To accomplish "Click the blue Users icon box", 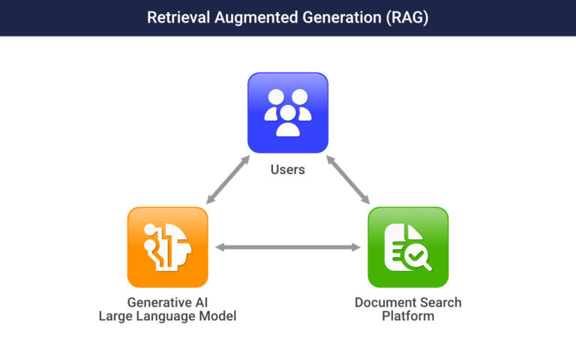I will (288, 112).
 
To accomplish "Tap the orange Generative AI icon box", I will (167, 247).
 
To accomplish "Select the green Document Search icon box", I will (408, 247).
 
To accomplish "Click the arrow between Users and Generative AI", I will (229, 180).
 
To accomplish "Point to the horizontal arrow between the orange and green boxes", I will (288, 247).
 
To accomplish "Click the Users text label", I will (288, 169).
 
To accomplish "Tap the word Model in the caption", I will (218, 316).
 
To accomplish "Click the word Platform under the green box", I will (408, 316).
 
